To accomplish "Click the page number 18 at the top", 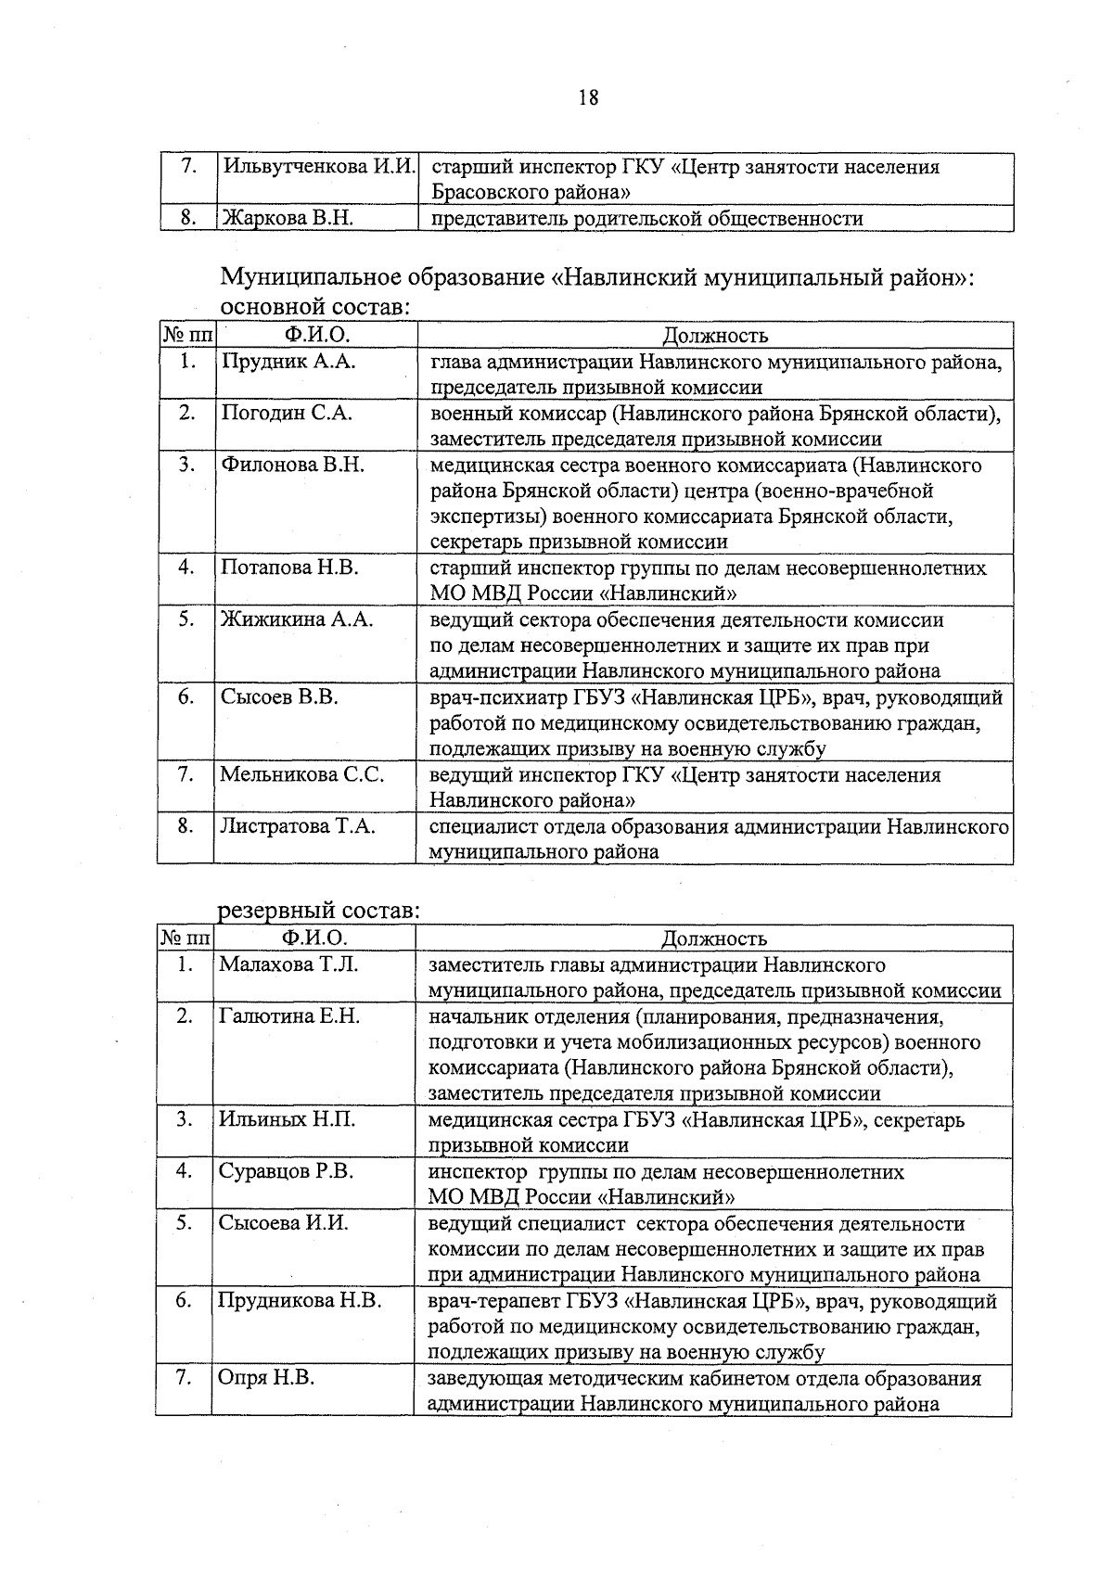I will [x=588, y=97].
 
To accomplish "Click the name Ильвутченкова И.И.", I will [x=318, y=168].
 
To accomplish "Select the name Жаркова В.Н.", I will [x=287, y=220].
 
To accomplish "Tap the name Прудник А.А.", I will [x=288, y=362].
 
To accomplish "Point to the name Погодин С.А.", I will [x=287, y=414].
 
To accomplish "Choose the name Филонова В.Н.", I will [x=292, y=465].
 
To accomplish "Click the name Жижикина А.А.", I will [x=296, y=619].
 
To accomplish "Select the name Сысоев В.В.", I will [x=279, y=696].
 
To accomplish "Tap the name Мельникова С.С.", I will [x=301, y=774].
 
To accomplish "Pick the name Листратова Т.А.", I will [x=298, y=826].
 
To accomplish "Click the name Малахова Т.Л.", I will [x=288, y=964].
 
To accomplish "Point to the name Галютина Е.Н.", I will [x=288, y=1016].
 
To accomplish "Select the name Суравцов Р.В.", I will [x=286, y=1171].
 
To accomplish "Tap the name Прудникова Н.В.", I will [x=300, y=1301].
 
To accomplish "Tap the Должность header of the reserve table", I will [x=713, y=939].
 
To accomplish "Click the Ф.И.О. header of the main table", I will [x=317, y=335].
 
